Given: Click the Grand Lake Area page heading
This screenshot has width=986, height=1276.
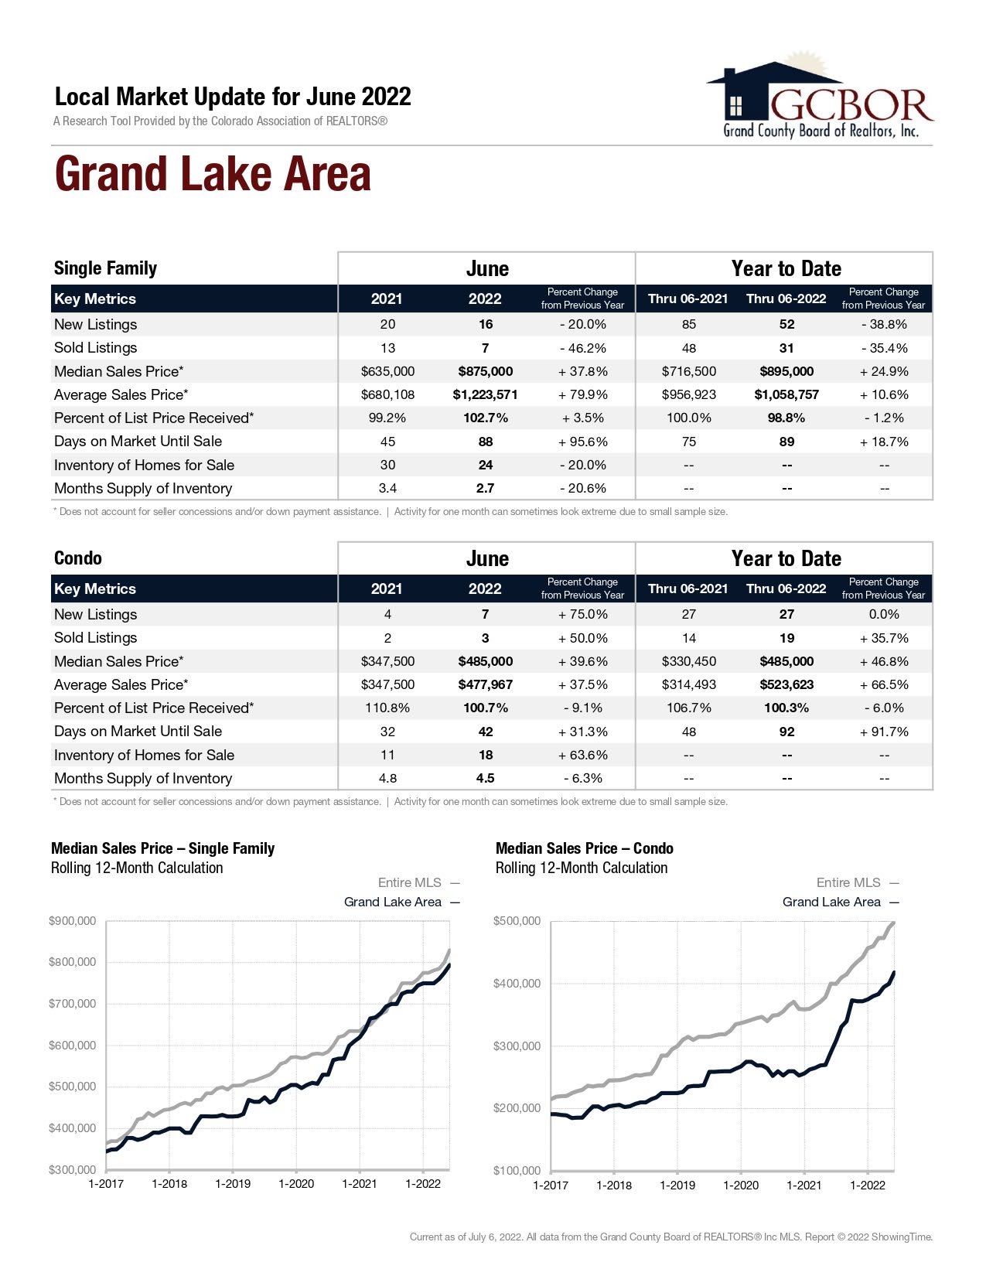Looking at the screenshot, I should (x=213, y=174).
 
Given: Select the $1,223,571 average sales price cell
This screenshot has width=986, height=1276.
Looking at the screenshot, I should (x=485, y=394).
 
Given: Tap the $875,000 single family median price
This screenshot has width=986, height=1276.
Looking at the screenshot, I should (x=485, y=371).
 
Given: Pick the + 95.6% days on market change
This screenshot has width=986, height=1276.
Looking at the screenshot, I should (x=582, y=442).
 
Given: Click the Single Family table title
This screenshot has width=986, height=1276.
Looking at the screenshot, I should (x=105, y=268).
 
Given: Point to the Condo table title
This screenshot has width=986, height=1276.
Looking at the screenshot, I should (x=78, y=558).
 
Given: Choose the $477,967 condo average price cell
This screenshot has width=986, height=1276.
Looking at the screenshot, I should (x=485, y=684).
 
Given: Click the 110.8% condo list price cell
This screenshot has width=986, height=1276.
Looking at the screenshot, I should (x=387, y=708).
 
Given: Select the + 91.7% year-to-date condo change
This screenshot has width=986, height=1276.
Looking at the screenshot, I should (x=884, y=732).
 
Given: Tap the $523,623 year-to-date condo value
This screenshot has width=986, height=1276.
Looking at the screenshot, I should (x=786, y=684).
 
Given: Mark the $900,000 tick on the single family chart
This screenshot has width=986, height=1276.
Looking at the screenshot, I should (x=73, y=921).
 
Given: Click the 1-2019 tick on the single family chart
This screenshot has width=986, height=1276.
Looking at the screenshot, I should (x=233, y=1184).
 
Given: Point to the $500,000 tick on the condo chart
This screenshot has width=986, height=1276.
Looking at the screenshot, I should (x=517, y=921).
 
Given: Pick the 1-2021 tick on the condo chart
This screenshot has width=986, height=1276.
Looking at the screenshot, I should (x=804, y=1185).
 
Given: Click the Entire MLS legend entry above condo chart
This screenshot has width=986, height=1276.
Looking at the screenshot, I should (x=848, y=882).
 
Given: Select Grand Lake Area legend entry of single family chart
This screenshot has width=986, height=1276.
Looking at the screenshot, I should (x=393, y=902).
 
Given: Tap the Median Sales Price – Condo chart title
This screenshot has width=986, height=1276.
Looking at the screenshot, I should (x=584, y=848).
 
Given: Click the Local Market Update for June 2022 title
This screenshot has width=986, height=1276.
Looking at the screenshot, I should (x=233, y=97).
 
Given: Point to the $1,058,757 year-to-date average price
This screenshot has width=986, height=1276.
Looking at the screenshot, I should (x=786, y=394).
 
